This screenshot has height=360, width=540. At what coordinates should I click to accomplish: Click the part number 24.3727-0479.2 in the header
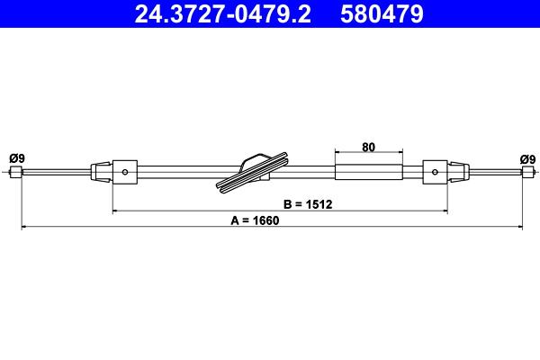point(223,13)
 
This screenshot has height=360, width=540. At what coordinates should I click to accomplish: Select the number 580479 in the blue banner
point(382,13)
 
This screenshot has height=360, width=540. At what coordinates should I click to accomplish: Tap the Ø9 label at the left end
point(17,158)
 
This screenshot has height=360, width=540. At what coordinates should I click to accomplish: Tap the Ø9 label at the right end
point(527,159)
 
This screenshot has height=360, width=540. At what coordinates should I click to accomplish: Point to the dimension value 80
point(368,147)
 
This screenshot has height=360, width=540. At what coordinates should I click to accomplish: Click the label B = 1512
point(308,204)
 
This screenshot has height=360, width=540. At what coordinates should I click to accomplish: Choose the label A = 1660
point(255,220)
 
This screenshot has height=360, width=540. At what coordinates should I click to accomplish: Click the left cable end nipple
point(16,172)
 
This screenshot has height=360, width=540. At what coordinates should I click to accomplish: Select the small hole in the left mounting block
point(125,172)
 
